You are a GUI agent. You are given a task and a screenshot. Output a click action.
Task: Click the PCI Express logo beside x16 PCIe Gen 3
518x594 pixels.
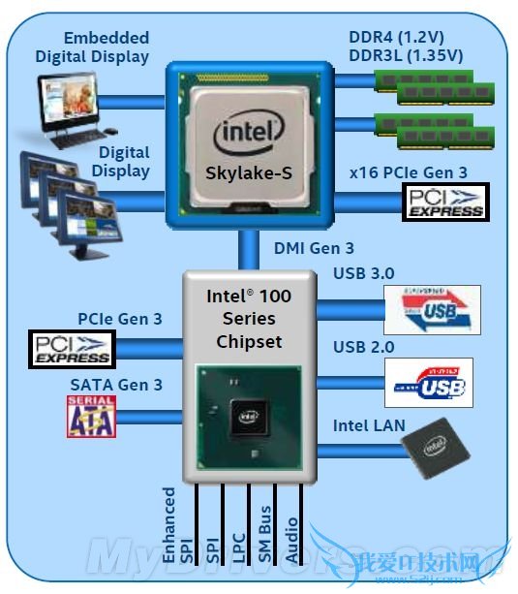click(443, 202)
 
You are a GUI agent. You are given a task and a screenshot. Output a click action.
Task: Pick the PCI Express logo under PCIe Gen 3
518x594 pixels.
click(72, 348)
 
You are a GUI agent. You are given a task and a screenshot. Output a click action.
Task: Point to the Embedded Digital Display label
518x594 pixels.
click(93, 47)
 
